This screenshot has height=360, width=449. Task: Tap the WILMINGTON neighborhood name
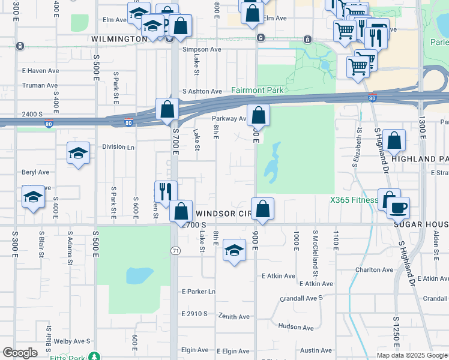119,38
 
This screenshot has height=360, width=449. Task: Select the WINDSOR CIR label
223,213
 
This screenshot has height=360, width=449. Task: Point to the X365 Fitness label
352,200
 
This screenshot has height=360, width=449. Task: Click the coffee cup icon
397,208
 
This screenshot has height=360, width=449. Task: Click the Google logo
20,353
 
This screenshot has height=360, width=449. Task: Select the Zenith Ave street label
234,316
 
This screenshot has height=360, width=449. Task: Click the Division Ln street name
118,146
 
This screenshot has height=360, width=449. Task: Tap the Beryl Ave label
35,172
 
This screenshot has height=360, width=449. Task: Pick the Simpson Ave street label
202,49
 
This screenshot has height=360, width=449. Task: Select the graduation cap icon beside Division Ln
79,153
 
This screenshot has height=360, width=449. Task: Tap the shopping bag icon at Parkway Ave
258,114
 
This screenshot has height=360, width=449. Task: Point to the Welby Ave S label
72,341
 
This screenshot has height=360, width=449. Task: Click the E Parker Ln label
199,292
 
